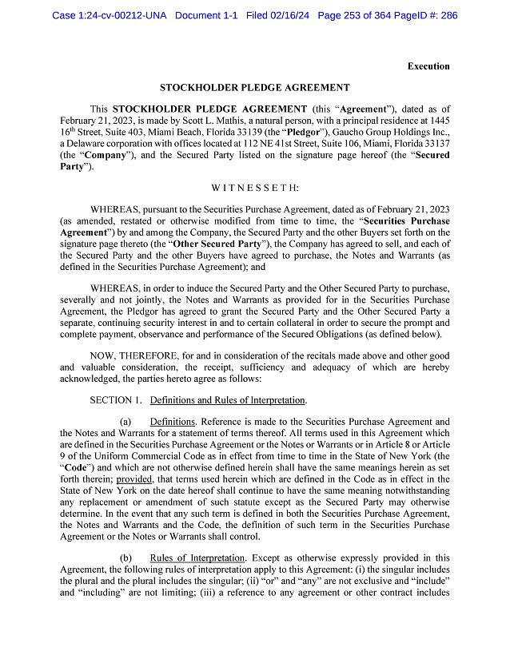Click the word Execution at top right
(428, 66)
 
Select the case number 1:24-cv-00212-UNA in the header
(110, 15)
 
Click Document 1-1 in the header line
(206, 15)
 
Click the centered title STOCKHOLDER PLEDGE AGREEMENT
(254, 88)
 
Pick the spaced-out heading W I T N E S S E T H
(254, 188)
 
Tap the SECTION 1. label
(117, 399)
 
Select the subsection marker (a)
(125, 421)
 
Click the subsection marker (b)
(125, 557)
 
